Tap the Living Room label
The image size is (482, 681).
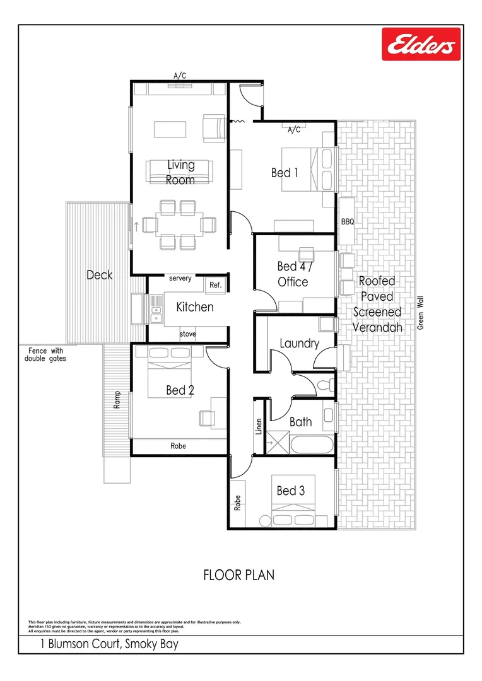click(x=180, y=172)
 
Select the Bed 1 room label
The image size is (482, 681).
click(x=285, y=173)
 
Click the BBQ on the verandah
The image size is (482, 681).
click(x=348, y=222)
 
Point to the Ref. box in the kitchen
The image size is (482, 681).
click(x=215, y=285)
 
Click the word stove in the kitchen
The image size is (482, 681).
click(x=187, y=334)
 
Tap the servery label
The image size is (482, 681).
click(x=180, y=278)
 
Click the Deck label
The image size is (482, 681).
click(x=99, y=275)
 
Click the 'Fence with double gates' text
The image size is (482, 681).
click(x=45, y=354)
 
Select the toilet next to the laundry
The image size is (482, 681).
click(x=325, y=384)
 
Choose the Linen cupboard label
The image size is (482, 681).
click(x=259, y=427)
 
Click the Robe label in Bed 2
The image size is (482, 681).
click(x=179, y=446)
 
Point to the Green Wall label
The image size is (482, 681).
click(x=420, y=313)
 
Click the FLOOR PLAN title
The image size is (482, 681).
click(x=238, y=575)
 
